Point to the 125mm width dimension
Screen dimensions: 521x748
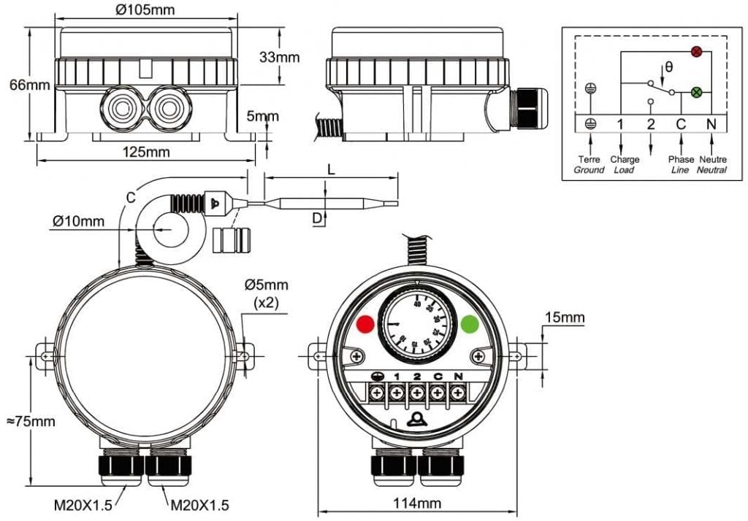pos(146,152)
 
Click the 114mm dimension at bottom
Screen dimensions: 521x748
pos(418,503)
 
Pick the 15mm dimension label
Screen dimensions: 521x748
pos(564,317)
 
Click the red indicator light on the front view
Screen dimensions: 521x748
pos(365,324)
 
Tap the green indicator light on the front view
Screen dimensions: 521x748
pos(470,324)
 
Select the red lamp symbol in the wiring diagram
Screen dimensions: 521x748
pos(696,51)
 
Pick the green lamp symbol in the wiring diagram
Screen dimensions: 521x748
pos(696,93)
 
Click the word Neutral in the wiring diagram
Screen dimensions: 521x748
pos(712,170)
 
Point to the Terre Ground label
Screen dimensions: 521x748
pos(589,164)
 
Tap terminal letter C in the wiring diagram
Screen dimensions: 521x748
pos(680,124)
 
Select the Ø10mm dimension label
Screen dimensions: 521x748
pos(77,221)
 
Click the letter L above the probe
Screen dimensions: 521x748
pos(332,169)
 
